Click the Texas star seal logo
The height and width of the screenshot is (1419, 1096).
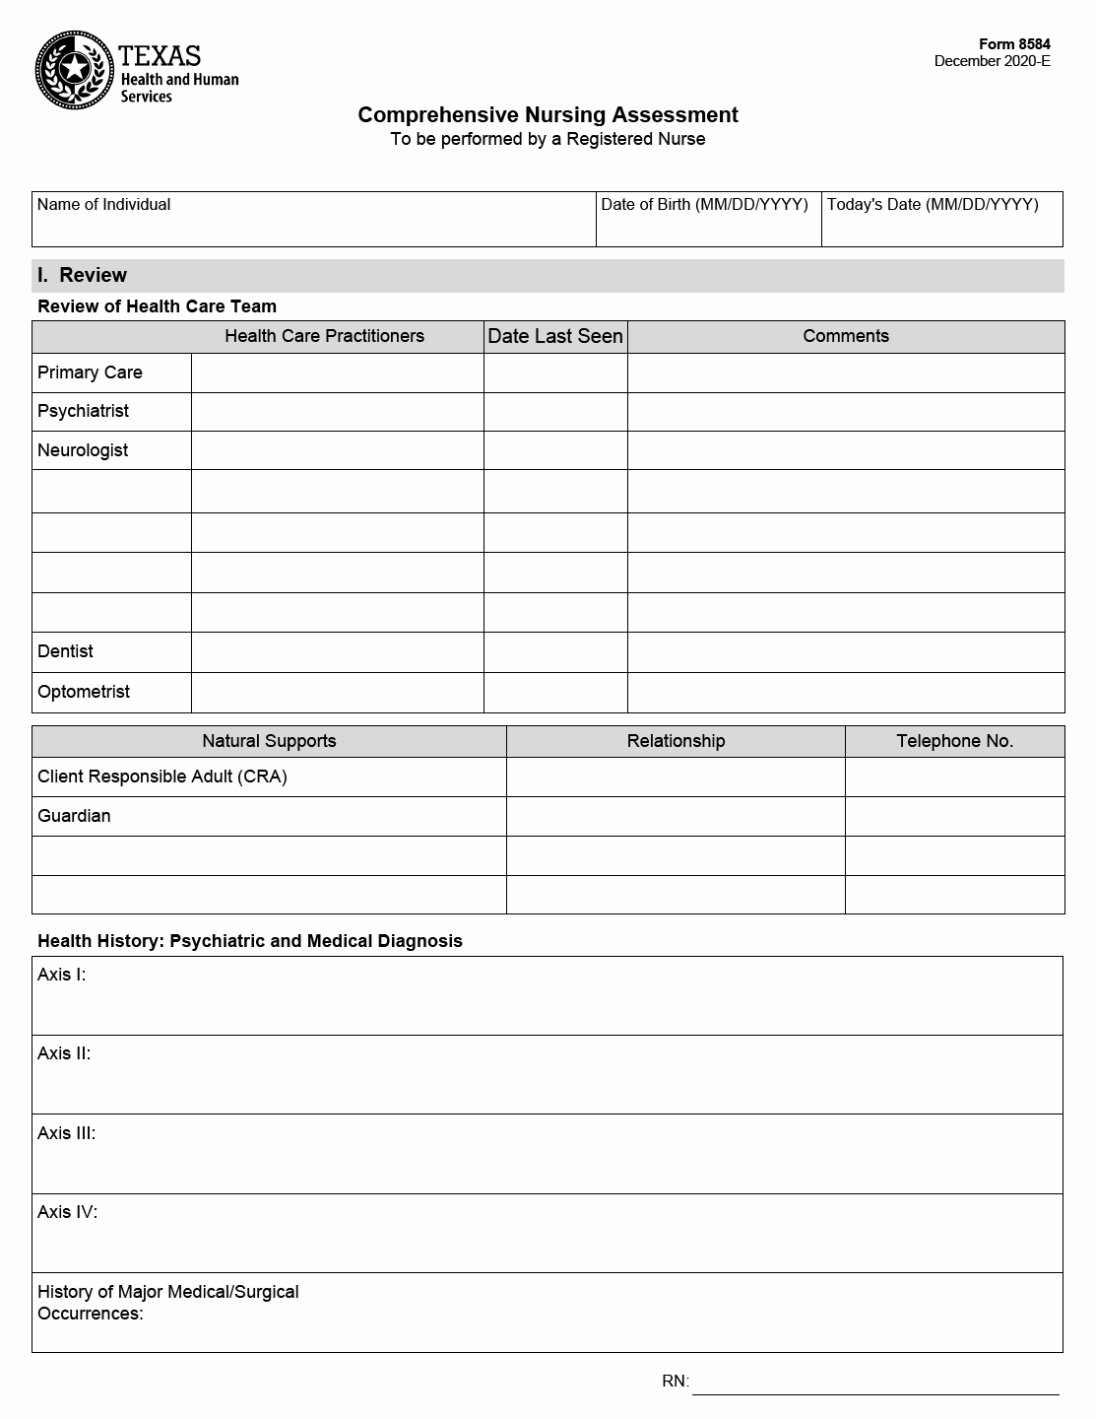pos(74,70)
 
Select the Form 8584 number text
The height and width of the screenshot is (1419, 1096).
pos(1014,44)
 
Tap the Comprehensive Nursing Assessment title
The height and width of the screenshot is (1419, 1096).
pos(548,115)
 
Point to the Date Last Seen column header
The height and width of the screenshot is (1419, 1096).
pos(555,337)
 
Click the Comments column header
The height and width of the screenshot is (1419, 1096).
pos(845,337)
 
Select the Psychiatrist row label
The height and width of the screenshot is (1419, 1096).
pos(84,411)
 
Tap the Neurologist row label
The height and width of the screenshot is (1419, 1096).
pos(83,450)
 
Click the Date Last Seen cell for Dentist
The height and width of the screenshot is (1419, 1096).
pos(555,652)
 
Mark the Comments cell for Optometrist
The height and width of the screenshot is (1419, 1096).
pos(845,693)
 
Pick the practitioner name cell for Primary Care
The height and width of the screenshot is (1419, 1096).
pos(337,373)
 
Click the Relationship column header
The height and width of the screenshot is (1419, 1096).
pos(676,741)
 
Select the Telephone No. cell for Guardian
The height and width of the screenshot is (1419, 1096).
pos(954,816)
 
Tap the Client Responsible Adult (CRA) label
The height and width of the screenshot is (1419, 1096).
pos(162,777)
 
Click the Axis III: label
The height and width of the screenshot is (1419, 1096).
pos(67,1133)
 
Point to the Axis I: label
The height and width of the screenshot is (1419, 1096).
pos(62,975)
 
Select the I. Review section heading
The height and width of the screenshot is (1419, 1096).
pos(83,276)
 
